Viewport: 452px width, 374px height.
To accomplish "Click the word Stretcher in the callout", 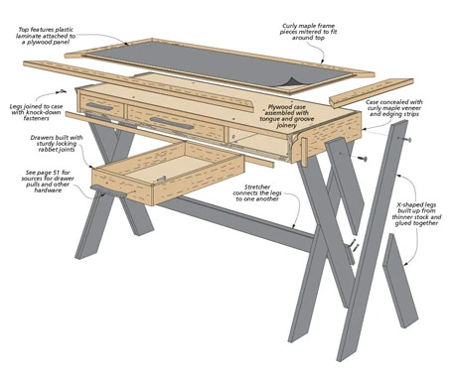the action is tap(257, 187).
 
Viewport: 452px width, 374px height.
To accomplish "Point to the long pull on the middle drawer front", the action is tap(172, 123).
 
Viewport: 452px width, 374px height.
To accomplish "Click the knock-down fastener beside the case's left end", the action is tap(61, 91).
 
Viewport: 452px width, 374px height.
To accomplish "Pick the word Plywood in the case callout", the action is tap(277, 107).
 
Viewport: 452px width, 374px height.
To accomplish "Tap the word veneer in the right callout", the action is tap(411, 108).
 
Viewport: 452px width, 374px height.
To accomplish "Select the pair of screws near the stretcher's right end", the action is tap(355, 245).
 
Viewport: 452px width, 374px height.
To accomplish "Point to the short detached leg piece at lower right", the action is tap(400, 281).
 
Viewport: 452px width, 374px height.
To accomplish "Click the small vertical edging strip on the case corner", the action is tap(304, 152).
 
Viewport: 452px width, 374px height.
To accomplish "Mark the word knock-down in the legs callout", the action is tap(39, 112).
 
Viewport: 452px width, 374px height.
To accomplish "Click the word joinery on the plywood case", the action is tap(287, 126).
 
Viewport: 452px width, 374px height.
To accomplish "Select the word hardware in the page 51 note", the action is tap(48, 190).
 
